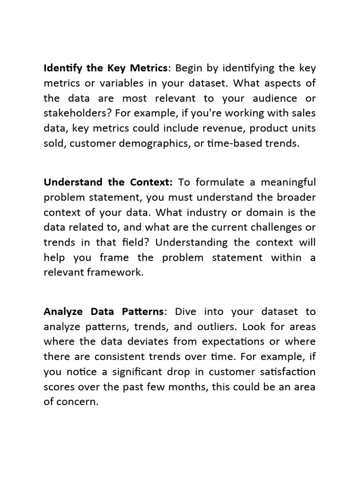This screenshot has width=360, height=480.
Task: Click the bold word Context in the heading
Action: pyautogui.click(x=152, y=182)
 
